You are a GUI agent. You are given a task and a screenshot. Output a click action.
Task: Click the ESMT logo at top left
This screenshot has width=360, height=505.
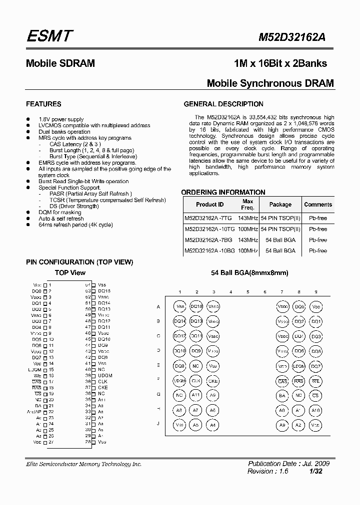click(49, 36)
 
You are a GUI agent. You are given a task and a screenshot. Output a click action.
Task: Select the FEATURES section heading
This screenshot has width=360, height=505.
click(43, 104)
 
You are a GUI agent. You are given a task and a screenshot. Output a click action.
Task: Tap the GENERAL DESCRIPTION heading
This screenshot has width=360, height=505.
click(223, 104)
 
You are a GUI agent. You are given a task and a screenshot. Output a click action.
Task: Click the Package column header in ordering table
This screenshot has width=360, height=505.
click(280, 205)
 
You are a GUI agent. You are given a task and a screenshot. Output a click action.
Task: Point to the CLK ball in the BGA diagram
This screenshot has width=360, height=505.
click(196, 381)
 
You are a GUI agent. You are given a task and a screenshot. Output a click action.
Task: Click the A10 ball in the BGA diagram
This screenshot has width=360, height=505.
click(315, 410)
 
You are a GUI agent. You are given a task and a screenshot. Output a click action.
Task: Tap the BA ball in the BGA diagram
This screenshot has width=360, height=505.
click(282, 396)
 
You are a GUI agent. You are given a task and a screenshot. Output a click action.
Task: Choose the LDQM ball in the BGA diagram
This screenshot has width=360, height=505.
click(299, 367)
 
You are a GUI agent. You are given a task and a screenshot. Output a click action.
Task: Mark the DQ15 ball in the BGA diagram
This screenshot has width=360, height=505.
click(197, 307)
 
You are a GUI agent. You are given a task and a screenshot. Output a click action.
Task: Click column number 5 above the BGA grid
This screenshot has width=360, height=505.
click(248, 292)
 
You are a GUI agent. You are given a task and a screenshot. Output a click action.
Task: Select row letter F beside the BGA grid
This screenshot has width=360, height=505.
click(158, 380)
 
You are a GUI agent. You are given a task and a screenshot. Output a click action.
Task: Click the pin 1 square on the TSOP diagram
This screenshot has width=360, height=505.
click(45, 284)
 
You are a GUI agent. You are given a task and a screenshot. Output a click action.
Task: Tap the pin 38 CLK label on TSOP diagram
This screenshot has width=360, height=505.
click(103, 381)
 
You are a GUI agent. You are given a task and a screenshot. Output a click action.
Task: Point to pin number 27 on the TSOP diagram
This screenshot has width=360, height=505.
click(50, 442)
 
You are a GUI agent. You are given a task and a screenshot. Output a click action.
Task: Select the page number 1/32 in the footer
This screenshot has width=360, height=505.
click(323, 471)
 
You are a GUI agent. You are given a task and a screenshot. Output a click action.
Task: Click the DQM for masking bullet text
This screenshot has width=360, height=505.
click(61, 212)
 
